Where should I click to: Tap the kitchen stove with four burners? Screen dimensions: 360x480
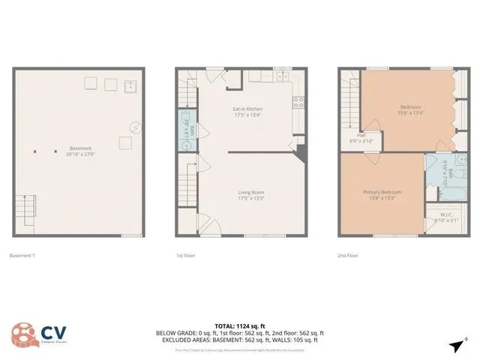pos(297,103)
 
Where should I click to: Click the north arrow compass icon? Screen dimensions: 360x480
pos(456,344)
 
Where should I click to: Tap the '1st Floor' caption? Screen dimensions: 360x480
pos(186,256)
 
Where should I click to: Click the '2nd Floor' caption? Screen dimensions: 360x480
pos(346,256)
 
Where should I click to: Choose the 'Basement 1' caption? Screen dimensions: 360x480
pos(22,256)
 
